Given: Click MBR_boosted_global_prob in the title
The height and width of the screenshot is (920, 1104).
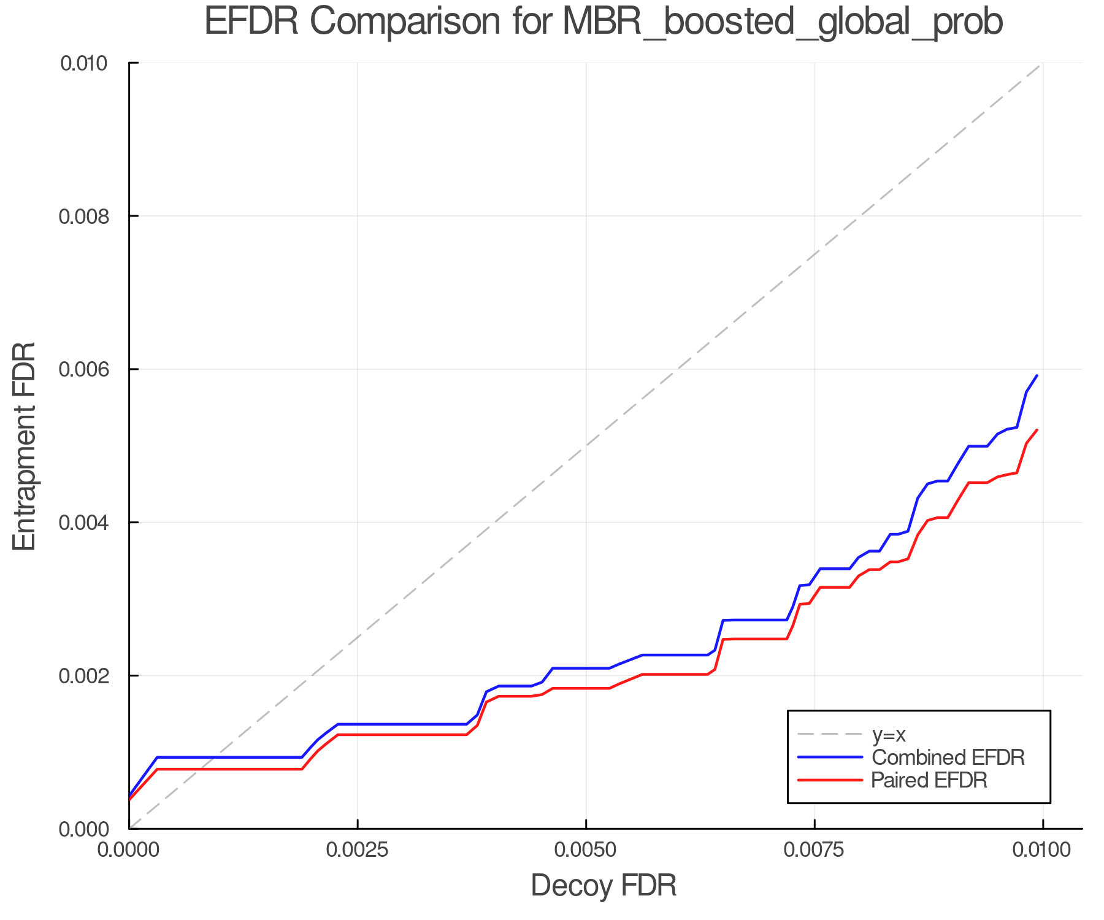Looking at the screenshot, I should [x=782, y=23].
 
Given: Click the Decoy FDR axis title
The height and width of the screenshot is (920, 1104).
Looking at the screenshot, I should [x=604, y=886].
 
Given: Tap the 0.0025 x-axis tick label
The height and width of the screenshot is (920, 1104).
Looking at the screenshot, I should [x=357, y=850].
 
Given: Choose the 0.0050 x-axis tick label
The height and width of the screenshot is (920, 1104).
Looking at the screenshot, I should [x=586, y=850].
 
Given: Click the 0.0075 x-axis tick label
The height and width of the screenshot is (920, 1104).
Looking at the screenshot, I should [x=815, y=850].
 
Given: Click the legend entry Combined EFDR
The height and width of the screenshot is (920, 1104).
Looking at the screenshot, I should [x=948, y=757].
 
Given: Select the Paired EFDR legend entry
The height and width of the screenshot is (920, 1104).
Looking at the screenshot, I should [x=929, y=780].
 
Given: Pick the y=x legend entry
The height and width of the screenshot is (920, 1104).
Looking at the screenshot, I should [x=889, y=734].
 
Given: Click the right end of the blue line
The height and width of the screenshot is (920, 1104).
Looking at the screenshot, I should [x=1037, y=375].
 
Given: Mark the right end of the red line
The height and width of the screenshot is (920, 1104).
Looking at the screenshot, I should [x=1037, y=430].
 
